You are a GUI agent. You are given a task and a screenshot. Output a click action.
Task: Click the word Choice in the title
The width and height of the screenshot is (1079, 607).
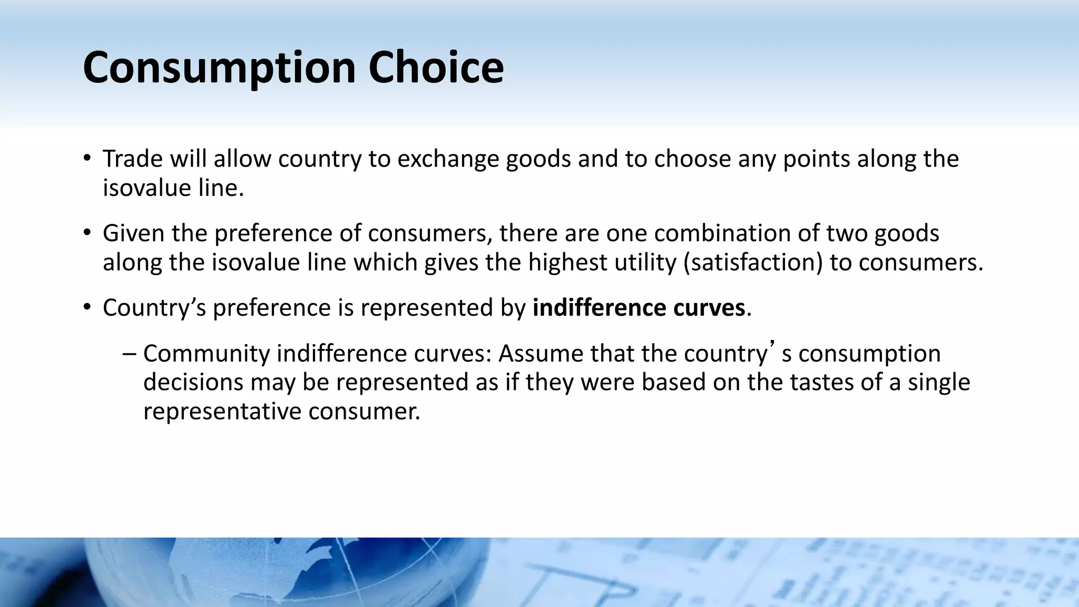436,68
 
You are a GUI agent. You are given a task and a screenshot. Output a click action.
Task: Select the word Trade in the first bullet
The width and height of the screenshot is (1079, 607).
132,159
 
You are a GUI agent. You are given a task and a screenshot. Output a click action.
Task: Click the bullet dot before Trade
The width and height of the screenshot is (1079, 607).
87,159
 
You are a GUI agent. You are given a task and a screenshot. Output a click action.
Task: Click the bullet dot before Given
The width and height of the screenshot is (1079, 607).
87,233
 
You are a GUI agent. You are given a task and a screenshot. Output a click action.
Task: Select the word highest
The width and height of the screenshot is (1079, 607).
568,262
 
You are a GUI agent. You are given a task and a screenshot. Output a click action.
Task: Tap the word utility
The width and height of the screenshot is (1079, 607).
645,262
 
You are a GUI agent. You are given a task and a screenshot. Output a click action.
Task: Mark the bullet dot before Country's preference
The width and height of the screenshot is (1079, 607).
87,308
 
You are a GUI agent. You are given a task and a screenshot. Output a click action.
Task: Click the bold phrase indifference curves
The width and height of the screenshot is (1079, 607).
639,308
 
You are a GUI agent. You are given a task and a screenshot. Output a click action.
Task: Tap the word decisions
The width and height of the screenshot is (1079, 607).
193,383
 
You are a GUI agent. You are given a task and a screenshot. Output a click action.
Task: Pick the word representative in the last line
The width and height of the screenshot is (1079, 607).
222,412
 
